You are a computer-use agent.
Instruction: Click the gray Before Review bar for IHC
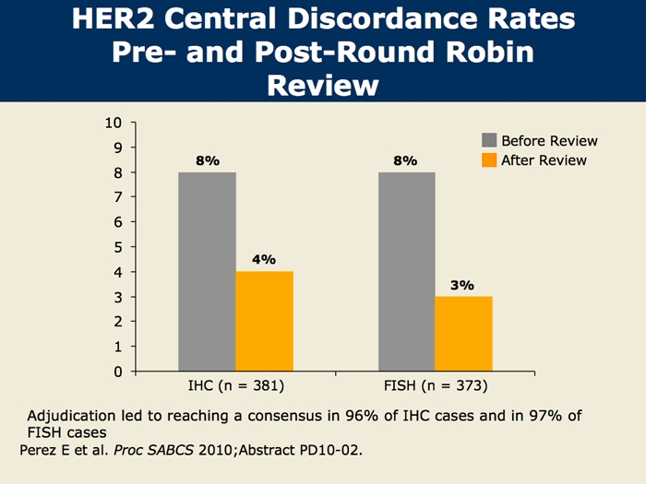point(207,272)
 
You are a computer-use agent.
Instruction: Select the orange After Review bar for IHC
point(264,322)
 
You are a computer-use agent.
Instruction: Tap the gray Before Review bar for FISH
point(406,272)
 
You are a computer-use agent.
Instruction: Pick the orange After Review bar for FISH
point(463,334)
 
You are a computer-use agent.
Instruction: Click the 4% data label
point(264,259)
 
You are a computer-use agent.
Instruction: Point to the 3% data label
point(462,285)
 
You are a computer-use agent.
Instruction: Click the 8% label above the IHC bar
point(207,160)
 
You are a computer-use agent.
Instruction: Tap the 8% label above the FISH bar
point(405,160)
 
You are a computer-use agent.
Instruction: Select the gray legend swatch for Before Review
point(489,141)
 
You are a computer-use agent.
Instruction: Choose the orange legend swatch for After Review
point(489,160)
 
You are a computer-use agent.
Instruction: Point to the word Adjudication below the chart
point(76,415)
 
